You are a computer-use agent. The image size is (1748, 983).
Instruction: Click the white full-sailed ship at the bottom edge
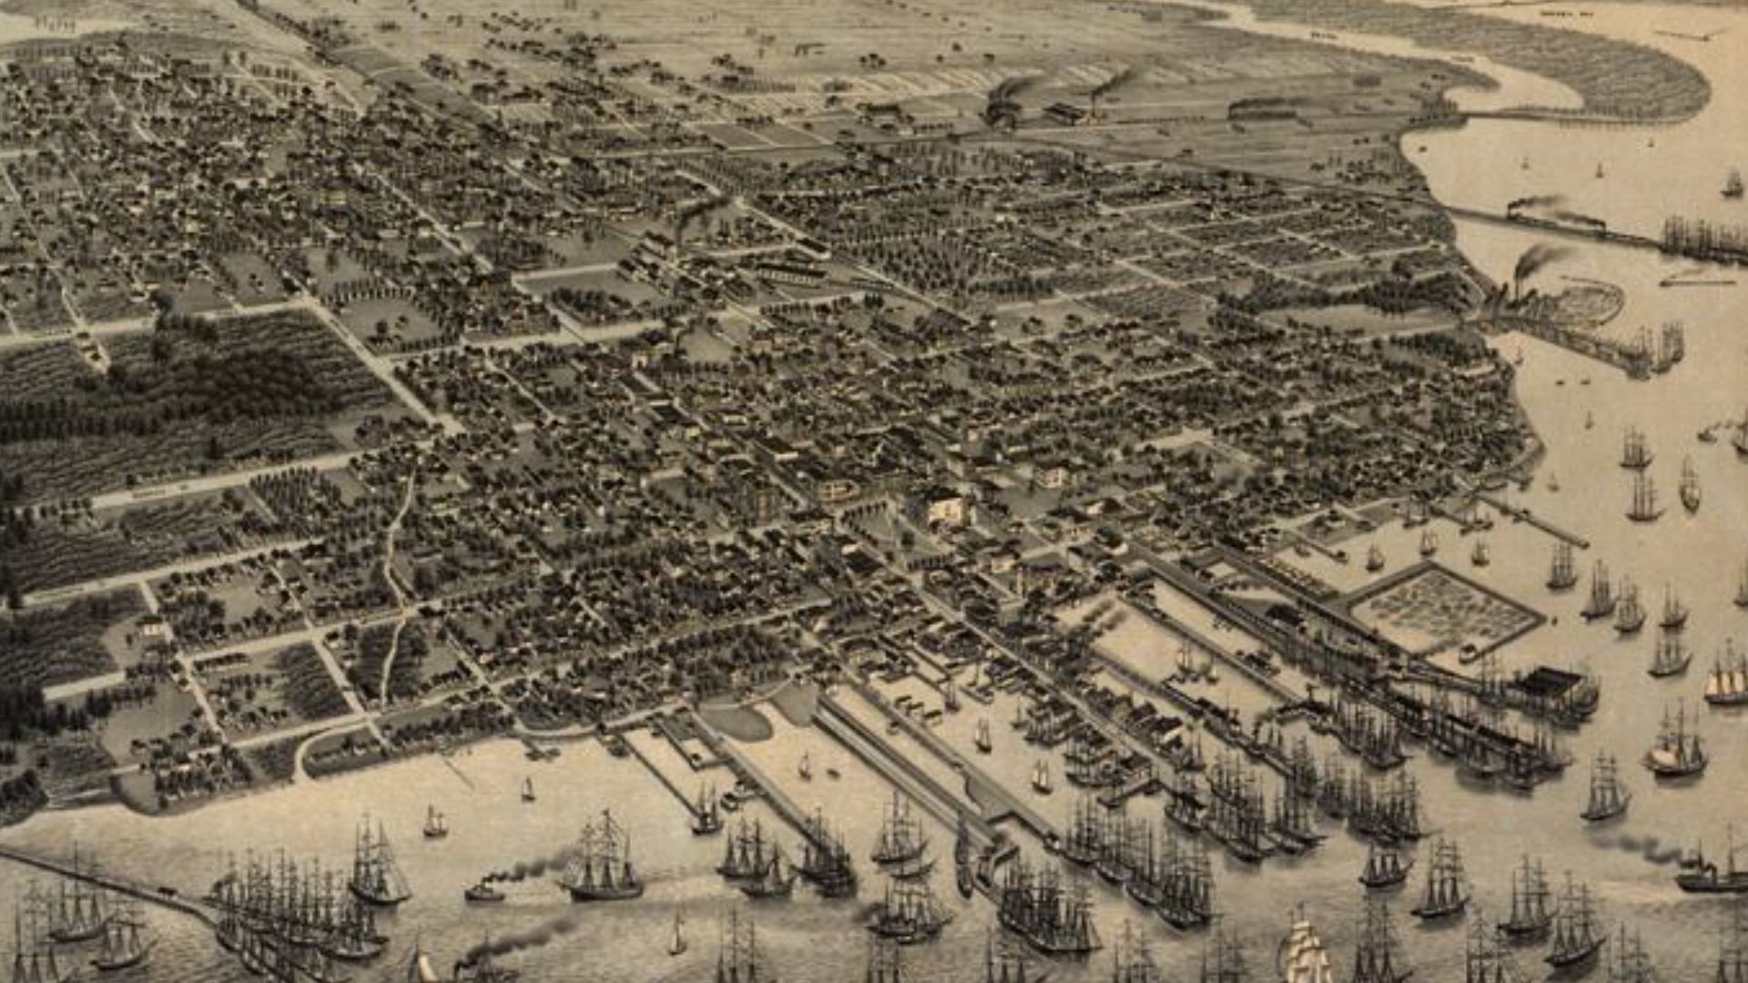coord(1304,951)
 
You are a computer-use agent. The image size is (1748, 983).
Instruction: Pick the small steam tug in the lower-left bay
coord(483,891)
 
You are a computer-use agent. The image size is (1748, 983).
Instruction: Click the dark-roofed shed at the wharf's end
coord(1552,681)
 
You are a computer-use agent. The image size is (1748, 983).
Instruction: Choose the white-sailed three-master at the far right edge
coord(1727,678)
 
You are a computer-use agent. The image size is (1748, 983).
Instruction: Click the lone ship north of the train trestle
coord(1731,185)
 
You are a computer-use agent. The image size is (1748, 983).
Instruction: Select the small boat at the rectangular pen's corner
coord(1467,653)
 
